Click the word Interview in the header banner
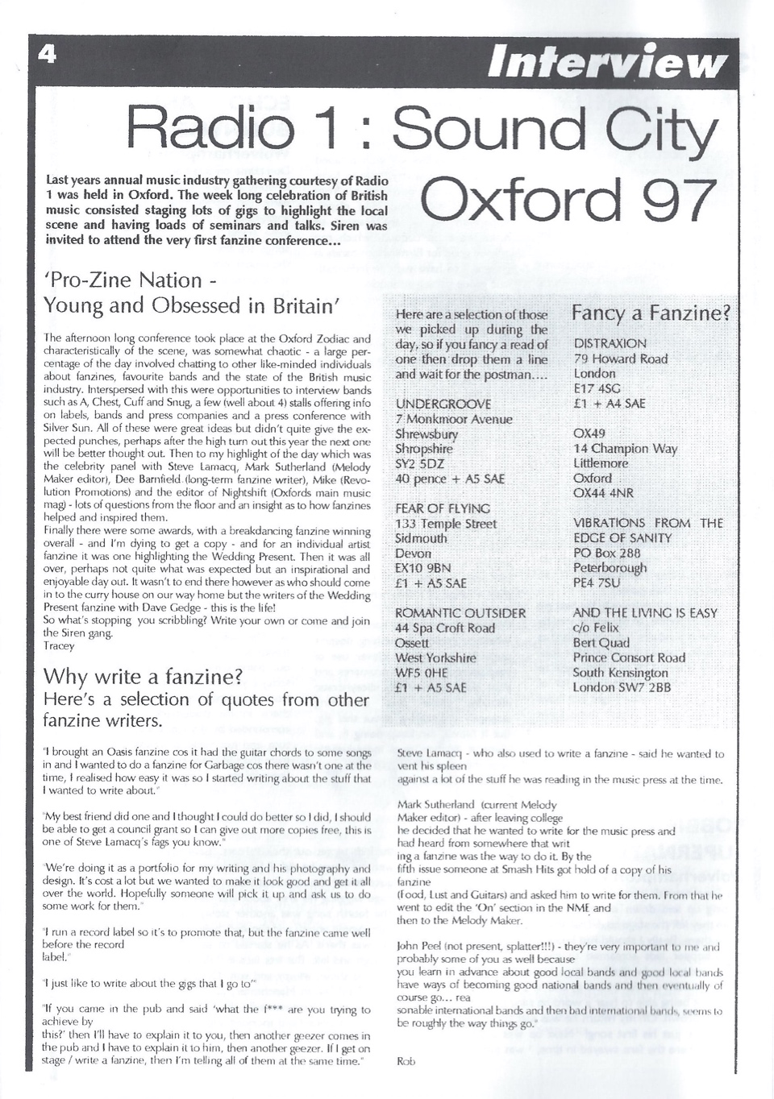point(607,62)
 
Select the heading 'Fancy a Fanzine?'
point(651,313)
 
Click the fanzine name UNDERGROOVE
point(443,404)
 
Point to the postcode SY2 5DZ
point(419,464)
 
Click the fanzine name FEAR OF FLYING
point(443,508)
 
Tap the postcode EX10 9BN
point(422,568)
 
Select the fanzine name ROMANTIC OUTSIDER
point(460,613)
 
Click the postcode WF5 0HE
point(421,673)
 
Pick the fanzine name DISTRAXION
point(610,343)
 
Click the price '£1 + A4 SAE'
point(609,404)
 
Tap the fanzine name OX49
point(589,433)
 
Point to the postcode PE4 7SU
point(597,583)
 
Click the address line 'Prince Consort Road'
point(629,657)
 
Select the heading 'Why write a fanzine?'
point(143,675)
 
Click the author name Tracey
point(58,645)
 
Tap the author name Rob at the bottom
point(406,1061)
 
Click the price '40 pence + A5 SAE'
point(450,479)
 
